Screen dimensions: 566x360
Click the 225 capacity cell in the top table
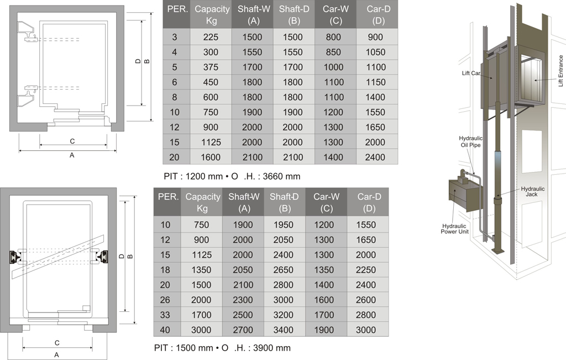point(211,37)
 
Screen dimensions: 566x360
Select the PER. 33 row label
point(165,315)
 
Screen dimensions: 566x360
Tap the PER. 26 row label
point(165,300)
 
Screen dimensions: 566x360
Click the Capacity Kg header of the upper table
point(212,15)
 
